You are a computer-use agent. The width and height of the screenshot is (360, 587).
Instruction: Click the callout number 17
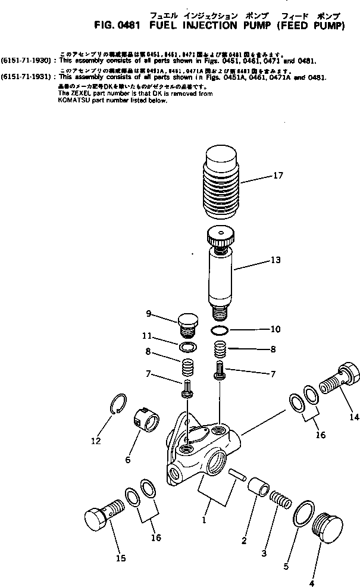click(x=278, y=176)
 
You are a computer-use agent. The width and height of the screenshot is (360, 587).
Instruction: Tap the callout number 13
click(x=275, y=260)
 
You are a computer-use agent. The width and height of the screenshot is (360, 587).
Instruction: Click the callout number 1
click(x=204, y=520)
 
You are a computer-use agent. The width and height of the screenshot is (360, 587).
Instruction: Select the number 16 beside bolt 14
click(x=320, y=435)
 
